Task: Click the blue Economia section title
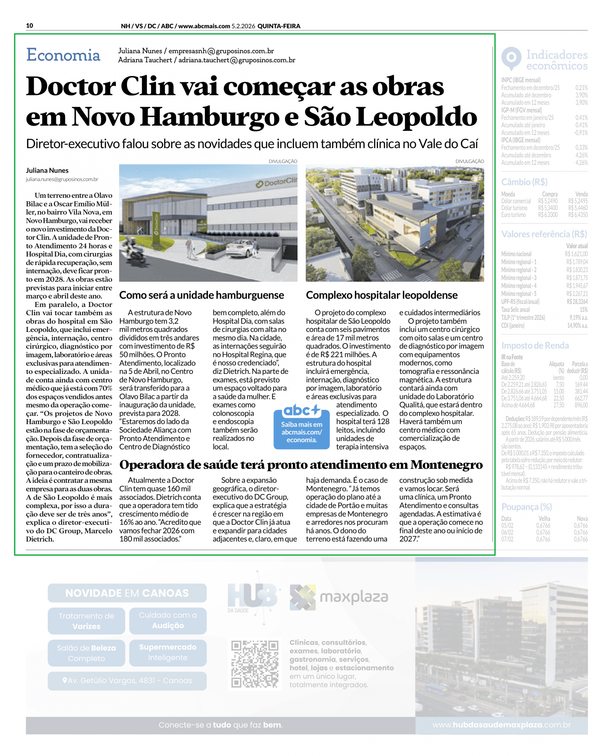[63, 55]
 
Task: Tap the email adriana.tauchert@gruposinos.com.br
[237, 60]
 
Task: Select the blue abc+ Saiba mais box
[301, 427]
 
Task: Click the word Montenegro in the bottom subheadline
[446, 465]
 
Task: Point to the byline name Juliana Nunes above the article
[47, 170]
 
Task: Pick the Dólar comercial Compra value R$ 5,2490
[548, 201]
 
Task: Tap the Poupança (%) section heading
[526, 506]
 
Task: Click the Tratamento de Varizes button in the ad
[86, 621]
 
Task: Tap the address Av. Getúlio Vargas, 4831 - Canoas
[127, 680]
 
